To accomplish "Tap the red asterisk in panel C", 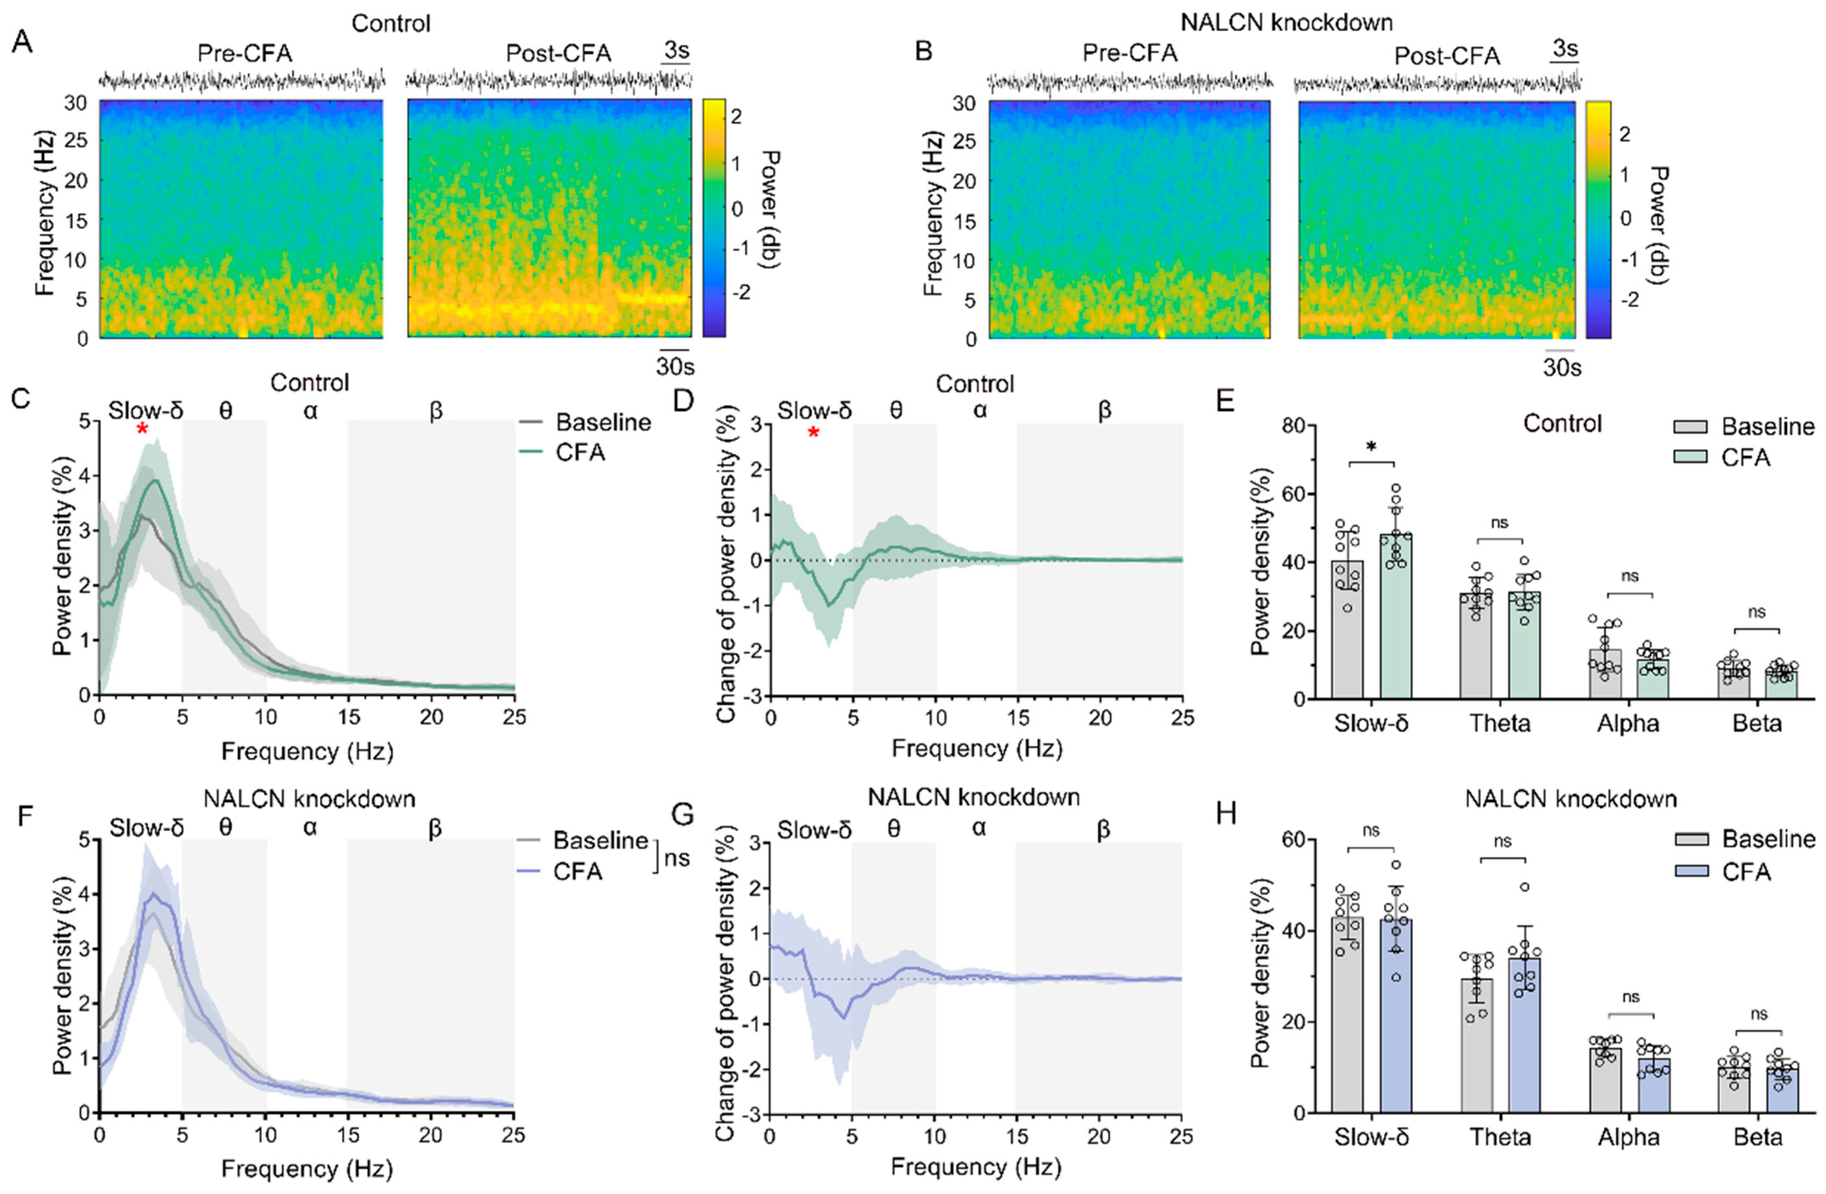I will [x=142, y=429].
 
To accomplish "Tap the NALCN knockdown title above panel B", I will [x=1286, y=22].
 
